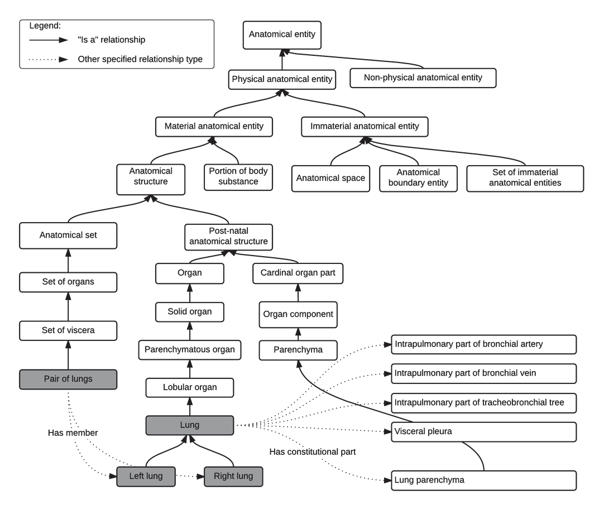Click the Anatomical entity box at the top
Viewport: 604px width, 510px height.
click(x=282, y=35)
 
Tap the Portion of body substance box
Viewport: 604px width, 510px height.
click(x=238, y=176)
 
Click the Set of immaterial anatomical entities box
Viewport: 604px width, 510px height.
click(x=525, y=178)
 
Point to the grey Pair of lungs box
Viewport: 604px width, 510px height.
click(x=69, y=379)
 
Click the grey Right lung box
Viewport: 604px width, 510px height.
click(x=232, y=477)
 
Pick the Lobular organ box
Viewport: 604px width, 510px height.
click(x=189, y=387)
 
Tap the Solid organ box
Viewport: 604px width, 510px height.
click(x=189, y=311)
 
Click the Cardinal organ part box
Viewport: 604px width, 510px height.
click(x=298, y=274)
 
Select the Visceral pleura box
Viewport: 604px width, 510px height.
click(x=483, y=431)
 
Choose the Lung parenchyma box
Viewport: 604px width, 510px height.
click(x=483, y=480)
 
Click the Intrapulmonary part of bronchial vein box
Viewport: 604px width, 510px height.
click(x=483, y=373)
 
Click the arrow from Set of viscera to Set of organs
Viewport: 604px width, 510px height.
click(x=69, y=307)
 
